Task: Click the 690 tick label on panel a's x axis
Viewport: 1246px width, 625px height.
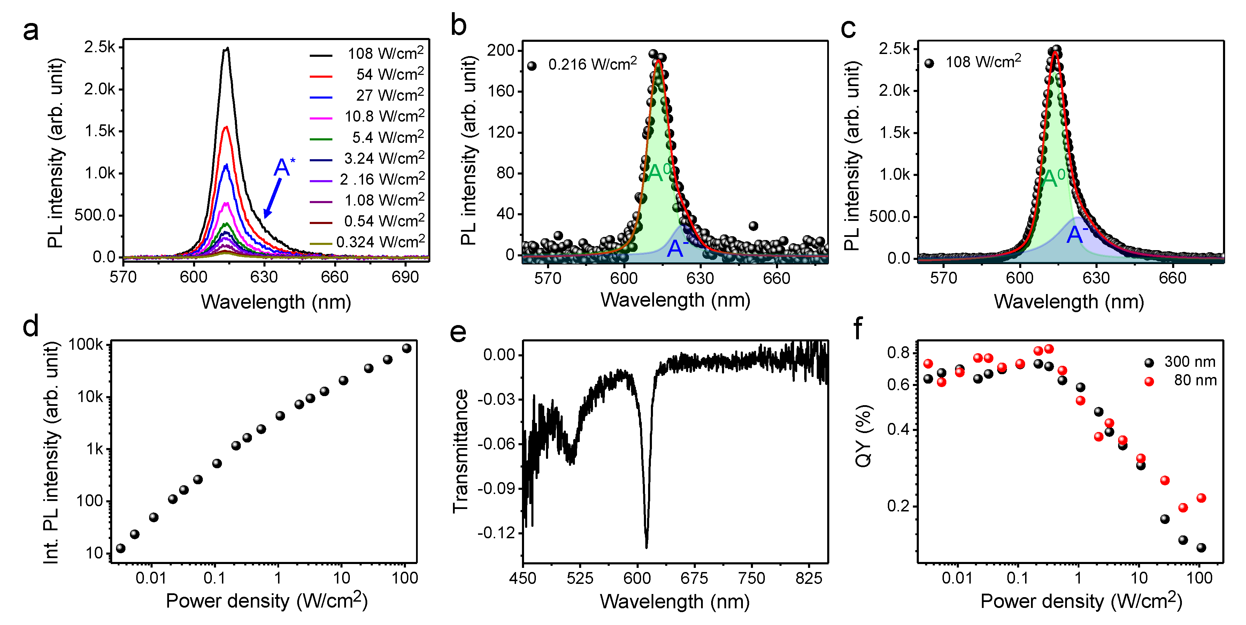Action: (x=405, y=277)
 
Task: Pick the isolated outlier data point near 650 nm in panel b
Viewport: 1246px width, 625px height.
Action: (x=753, y=226)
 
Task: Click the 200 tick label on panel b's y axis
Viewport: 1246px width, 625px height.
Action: (x=501, y=50)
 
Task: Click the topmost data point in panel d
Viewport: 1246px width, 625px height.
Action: (x=407, y=348)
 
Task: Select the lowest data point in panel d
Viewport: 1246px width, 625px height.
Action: (x=121, y=548)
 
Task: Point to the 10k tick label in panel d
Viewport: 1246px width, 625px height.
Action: (x=91, y=397)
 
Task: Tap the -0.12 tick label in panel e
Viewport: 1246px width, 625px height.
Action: (x=496, y=533)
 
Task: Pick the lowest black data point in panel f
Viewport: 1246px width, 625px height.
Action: (x=1201, y=548)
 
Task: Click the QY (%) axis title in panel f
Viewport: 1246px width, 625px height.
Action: (x=863, y=435)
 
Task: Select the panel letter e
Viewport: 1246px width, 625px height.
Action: (x=457, y=332)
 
